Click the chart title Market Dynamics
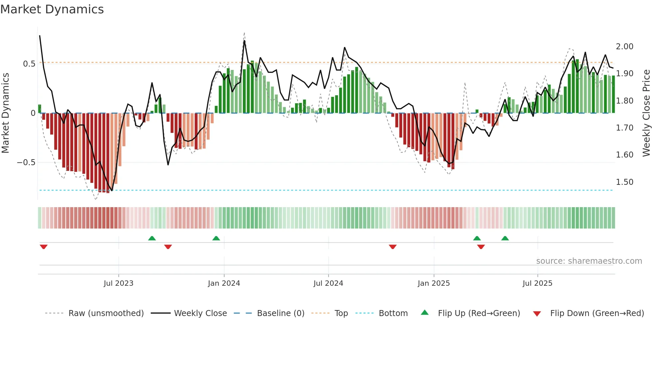52,9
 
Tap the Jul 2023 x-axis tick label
118,283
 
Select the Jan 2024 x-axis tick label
224,283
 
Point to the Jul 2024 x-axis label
328,283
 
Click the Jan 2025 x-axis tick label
433,283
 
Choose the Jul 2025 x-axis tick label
537,283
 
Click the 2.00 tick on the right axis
624,47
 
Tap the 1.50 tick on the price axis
624,182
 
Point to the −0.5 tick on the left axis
26,163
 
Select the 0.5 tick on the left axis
29,64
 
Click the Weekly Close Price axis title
646,113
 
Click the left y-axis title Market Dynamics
5,113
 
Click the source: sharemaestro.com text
589,261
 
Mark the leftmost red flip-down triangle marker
44,247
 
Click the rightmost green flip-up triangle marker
505,238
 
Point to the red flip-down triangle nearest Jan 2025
393,247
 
